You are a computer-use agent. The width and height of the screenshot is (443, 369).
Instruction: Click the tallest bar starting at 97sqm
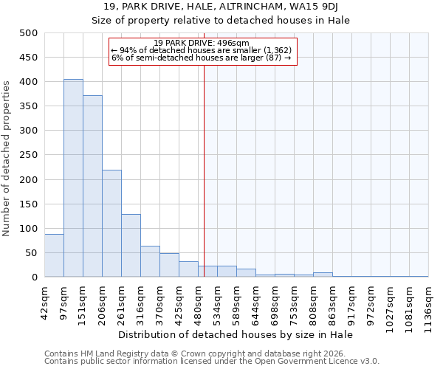(73, 178)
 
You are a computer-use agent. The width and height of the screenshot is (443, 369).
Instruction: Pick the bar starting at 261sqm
(131, 246)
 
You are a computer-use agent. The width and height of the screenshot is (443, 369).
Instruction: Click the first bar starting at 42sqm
(54, 255)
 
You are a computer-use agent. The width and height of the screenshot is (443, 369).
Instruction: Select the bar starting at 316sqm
(150, 261)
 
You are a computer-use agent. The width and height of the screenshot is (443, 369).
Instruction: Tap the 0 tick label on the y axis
(35, 277)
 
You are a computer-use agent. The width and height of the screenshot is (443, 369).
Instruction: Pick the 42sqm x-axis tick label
(45, 299)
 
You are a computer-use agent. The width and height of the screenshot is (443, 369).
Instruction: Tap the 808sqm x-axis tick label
(314, 300)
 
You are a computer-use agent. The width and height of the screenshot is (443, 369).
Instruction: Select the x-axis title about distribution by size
(236, 334)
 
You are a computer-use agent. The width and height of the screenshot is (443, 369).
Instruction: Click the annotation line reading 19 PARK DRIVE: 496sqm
(202, 43)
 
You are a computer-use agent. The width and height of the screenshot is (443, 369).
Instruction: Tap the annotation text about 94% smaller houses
(202, 50)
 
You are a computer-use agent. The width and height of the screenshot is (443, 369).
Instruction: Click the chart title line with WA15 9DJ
(221, 7)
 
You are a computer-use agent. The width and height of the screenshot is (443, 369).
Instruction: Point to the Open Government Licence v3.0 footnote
(212, 362)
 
